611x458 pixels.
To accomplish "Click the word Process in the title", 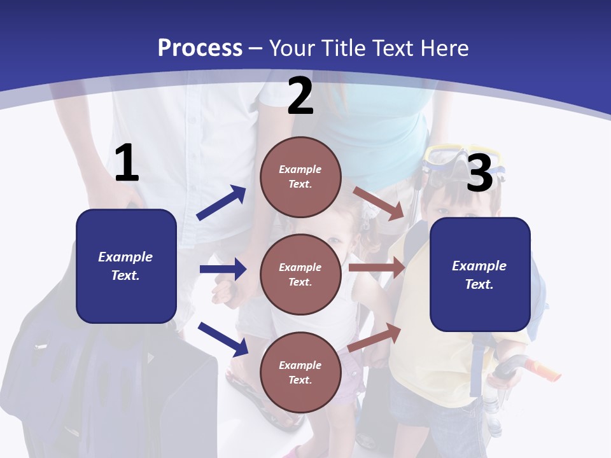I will [x=200, y=48].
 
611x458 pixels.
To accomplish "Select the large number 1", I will [x=127, y=163].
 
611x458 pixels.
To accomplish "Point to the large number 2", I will [x=300, y=96].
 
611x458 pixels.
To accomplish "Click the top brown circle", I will [x=300, y=177].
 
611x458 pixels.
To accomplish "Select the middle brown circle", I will [x=300, y=274].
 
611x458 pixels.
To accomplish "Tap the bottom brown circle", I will [x=300, y=372].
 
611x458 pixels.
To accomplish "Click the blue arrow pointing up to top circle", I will [x=221, y=203].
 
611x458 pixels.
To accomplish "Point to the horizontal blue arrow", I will [x=223, y=269].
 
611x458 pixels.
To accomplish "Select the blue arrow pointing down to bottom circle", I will [x=223, y=338].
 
